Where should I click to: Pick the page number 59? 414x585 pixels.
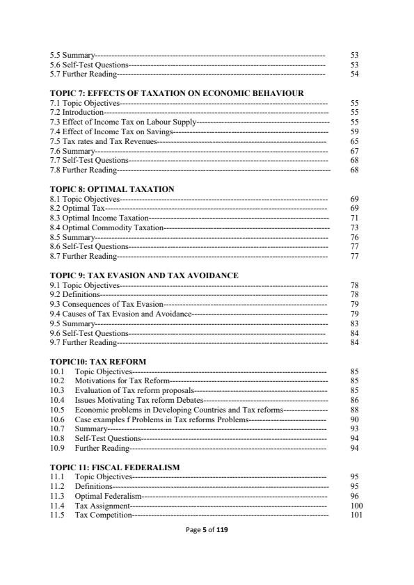(354, 131)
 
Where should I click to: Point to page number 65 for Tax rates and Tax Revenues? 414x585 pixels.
(354, 141)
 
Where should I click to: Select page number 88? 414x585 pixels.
(354, 410)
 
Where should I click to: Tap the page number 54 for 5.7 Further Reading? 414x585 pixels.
(354, 73)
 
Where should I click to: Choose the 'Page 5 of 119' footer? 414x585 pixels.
(207, 530)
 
